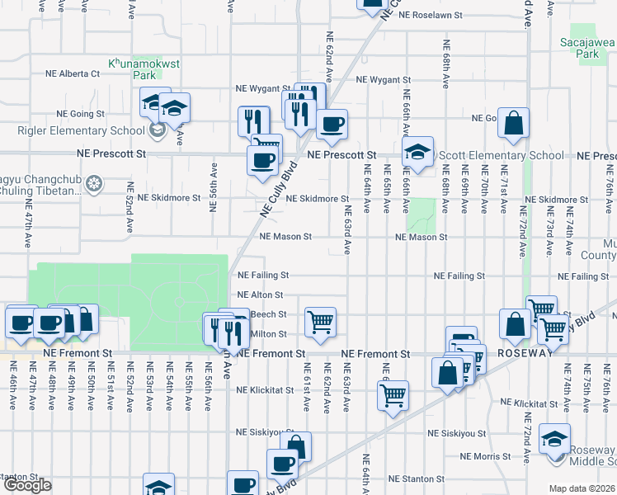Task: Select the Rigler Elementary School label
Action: point(81,130)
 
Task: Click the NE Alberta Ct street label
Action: point(72,73)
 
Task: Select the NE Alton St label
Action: point(260,295)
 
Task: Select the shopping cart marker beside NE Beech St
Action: point(319,322)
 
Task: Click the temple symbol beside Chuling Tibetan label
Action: point(95,182)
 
